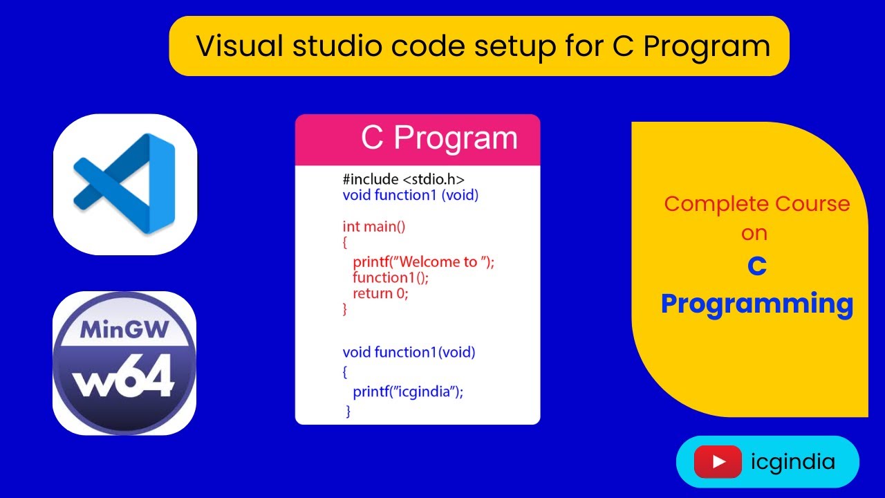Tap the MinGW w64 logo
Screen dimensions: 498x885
tap(124, 363)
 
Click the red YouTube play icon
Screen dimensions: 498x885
tap(717, 462)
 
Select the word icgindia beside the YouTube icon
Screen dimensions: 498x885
tap(792, 462)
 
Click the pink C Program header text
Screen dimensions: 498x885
tap(439, 138)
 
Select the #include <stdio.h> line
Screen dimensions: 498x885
tap(403, 178)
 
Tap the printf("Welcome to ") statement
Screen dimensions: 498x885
tap(424, 261)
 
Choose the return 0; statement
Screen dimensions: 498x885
tap(380, 293)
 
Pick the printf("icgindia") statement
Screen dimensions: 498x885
tap(408, 391)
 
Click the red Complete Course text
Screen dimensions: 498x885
tap(756, 204)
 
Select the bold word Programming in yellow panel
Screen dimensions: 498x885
tap(756, 304)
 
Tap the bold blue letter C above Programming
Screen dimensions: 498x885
tap(756, 267)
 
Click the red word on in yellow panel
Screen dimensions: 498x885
tap(754, 233)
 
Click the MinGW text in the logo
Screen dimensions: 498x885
tap(124, 330)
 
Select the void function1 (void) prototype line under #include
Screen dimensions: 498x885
tap(411, 195)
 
